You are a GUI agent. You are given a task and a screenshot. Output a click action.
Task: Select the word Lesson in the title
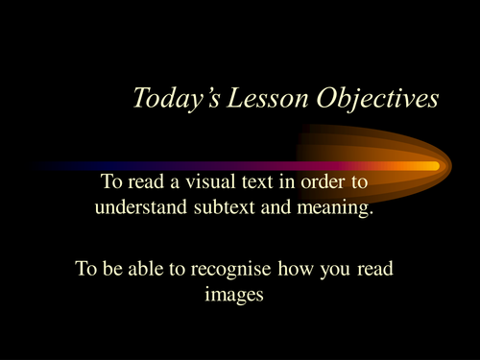(x=252, y=99)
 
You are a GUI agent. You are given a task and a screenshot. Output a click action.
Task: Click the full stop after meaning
(x=370, y=210)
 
